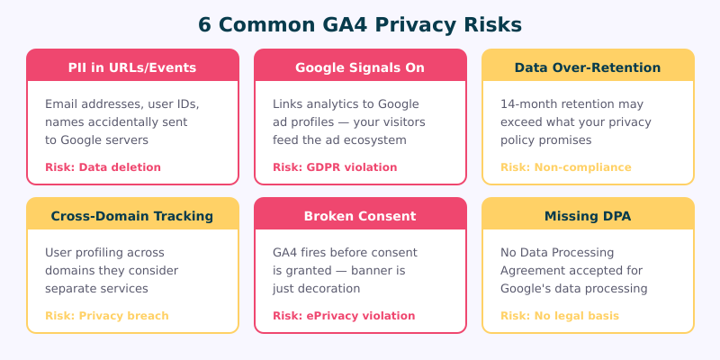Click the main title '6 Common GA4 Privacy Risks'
(x=360, y=24)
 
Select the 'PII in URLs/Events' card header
(x=132, y=67)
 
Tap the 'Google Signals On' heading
(x=360, y=67)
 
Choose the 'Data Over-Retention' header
(x=588, y=67)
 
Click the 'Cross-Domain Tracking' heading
(x=132, y=216)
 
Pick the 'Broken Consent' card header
(x=360, y=216)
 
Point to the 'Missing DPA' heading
(x=588, y=216)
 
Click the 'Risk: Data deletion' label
(x=103, y=166)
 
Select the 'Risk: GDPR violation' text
(x=335, y=166)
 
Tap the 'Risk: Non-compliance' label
(x=565, y=166)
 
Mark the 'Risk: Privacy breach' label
(x=106, y=315)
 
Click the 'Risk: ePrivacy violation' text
(x=344, y=315)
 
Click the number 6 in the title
(x=205, y=24)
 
